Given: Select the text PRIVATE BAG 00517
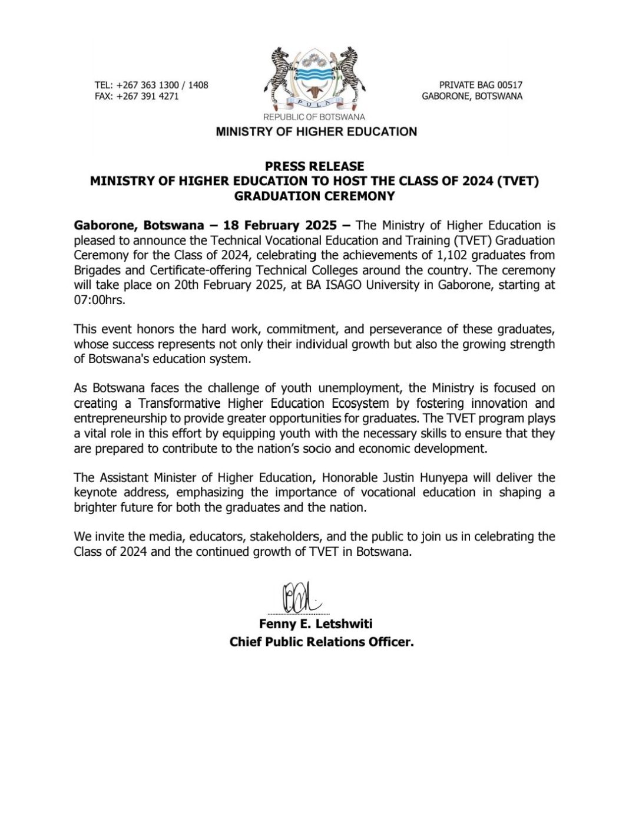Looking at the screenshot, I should [x=481, y=85].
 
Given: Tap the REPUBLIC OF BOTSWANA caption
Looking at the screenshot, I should [x=314, y=117].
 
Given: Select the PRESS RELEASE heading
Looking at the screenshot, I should [x=314, y=166].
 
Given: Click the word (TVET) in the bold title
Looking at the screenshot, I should [x=518, y=181].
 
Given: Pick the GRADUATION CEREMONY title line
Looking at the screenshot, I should [x=314, y=196].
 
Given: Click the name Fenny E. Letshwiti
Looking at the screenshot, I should [x=316, y=624].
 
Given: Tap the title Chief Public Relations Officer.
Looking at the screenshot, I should [x=322, y=642].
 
